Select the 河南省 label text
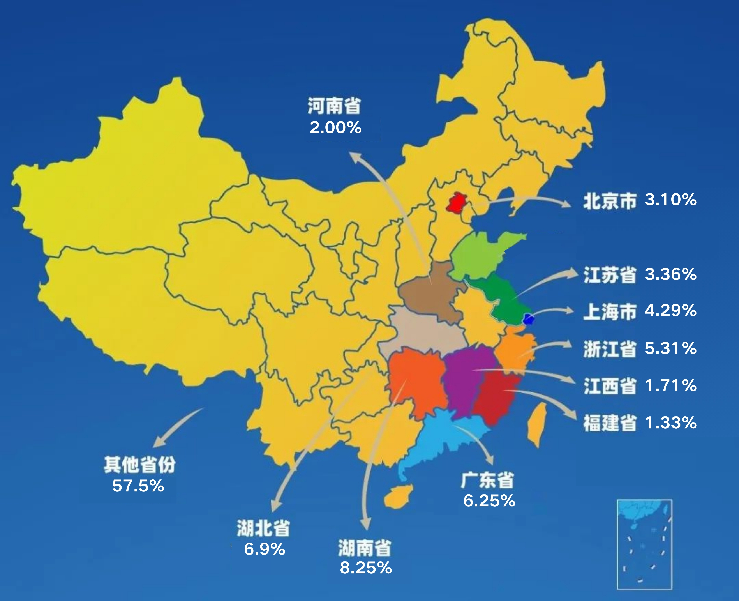point(334,106)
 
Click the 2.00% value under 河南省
point(335,128)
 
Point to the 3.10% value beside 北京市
point(670,200)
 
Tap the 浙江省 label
point(610,349)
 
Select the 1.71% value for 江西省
point(670,385)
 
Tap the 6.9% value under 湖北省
point(265,549)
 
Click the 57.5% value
point(138,486)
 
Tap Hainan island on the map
point(398,495)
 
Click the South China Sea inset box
point(644,544)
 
